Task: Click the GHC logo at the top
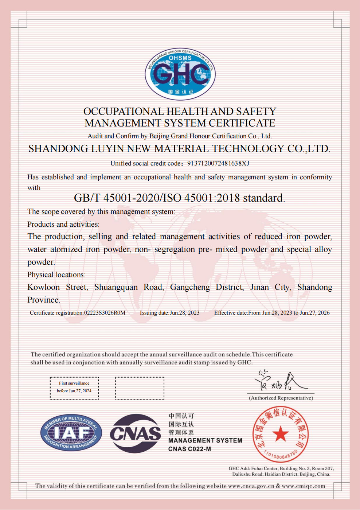[180, 74]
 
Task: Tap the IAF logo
[71, 433]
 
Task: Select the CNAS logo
[136, 433]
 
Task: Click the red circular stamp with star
[280, 434]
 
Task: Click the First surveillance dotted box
[74, 388]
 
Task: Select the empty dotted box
[140, 388]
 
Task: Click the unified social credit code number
[218, 163]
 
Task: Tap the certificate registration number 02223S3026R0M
[105, 313]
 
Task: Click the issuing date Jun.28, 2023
[185, 313]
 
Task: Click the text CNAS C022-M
[189, 449]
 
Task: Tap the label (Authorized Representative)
[281, 398]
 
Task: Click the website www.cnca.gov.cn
[251, 486]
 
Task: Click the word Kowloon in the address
[43, 287]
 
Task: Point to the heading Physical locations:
[56, 275]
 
